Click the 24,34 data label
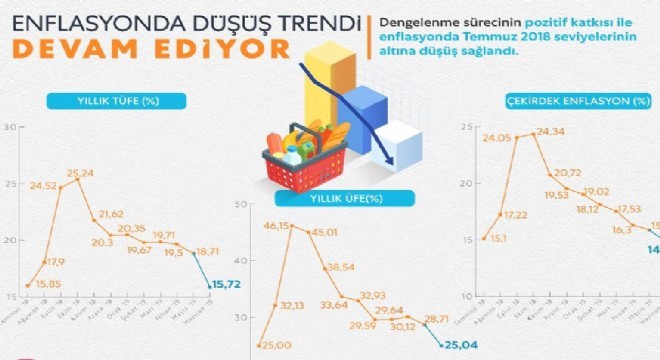coord(550,131)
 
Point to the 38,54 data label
coord(341,267)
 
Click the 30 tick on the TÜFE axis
coord(11,127)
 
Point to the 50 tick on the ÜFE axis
coord(241,205)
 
